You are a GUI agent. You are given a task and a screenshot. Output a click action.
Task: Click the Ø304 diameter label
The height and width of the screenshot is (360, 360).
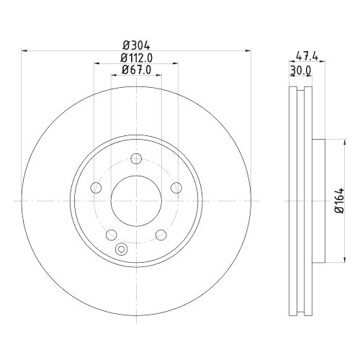click(136, 45)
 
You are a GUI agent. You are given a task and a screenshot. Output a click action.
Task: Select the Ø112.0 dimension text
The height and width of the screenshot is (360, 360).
click(136, 58)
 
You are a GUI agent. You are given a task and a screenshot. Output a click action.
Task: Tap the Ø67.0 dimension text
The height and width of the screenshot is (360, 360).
click(136, 70)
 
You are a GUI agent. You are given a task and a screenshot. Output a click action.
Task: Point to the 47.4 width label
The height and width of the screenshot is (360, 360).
click(307, 57)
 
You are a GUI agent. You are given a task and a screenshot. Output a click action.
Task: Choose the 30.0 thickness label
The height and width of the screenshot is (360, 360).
click(301, 71)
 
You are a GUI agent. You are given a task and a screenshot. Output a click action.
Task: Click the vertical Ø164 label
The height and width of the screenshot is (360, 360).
click(339, 201)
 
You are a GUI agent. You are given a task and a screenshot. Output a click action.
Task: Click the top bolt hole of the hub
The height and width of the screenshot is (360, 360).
click(136, 158)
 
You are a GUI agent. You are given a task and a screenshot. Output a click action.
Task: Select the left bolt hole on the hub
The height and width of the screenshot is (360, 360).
click(96, 187)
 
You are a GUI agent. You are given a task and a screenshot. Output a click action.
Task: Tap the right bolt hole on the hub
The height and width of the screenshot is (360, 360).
click(176, 187)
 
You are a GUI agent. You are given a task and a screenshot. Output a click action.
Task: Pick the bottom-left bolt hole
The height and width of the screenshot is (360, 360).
click(112, 235)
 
